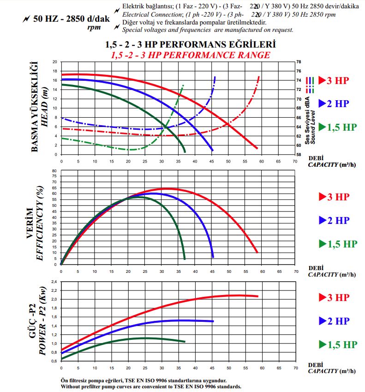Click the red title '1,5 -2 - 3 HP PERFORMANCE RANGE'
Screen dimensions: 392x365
[190, 54]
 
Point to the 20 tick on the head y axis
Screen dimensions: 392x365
[54, 62]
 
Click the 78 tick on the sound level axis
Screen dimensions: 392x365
[299, 62]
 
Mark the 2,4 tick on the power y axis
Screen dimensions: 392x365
[54, 282]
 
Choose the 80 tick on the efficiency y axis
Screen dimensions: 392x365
[54, 171]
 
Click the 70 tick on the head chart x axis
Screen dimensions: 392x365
[295, 162]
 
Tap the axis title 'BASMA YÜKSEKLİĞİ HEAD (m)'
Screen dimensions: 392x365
[40, 107]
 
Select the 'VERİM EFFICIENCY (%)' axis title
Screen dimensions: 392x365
[36, 221]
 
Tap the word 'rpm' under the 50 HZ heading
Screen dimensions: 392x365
[94, 27]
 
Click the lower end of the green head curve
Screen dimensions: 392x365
[185, 151]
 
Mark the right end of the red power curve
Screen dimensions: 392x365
[257, 296]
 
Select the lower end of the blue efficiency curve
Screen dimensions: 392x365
[213, 257]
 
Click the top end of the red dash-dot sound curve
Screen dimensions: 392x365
[259, 76]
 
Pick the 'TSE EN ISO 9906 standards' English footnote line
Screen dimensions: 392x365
[151, 386]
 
